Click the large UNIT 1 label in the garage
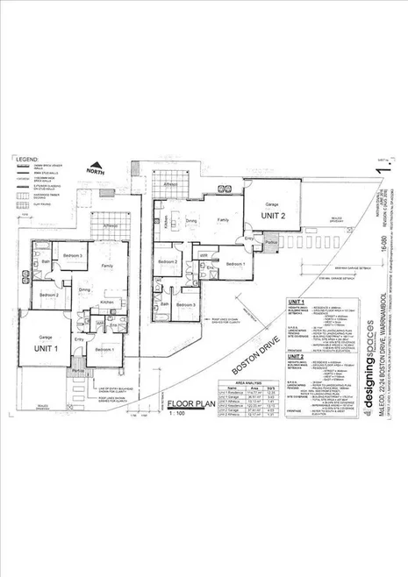tap(47, 349)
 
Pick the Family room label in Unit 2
tap(225, 220)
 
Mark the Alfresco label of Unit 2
tap(172, 185)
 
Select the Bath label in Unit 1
tap(44, 261)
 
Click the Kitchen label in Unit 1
tap(106, 303)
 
